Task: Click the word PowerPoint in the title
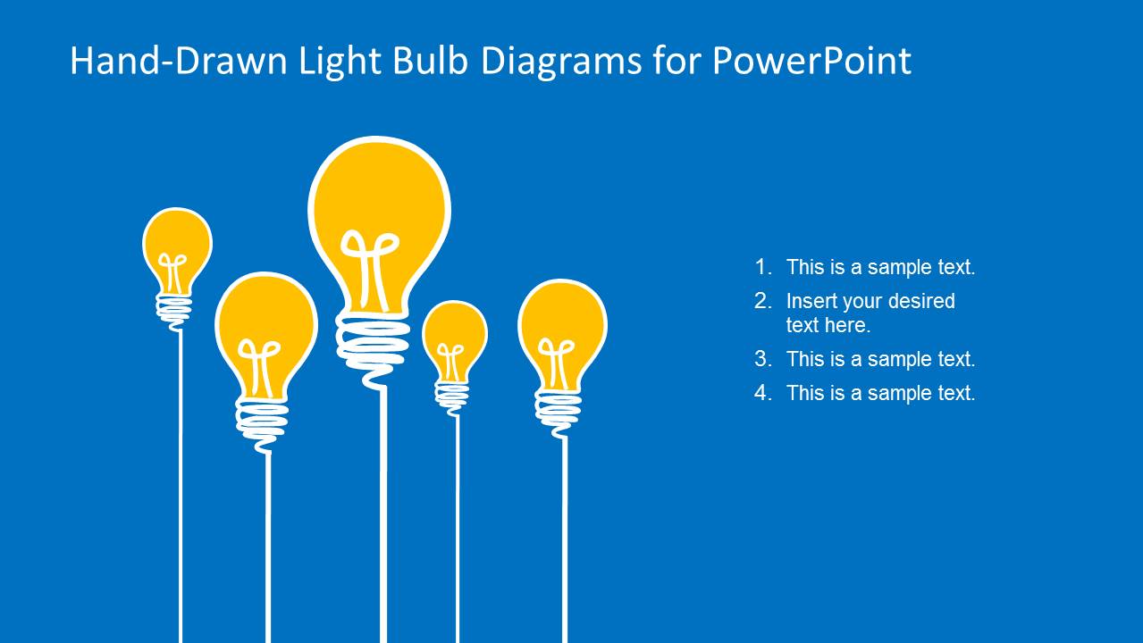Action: tap(811, 61)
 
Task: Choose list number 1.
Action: tap(761, 267)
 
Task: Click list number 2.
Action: tap(761, 301)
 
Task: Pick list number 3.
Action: tap(761, 359)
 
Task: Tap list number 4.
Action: tap(761, 393)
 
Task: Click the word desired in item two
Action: tap(920, 301)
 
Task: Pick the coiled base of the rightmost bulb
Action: tap(558, 408)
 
